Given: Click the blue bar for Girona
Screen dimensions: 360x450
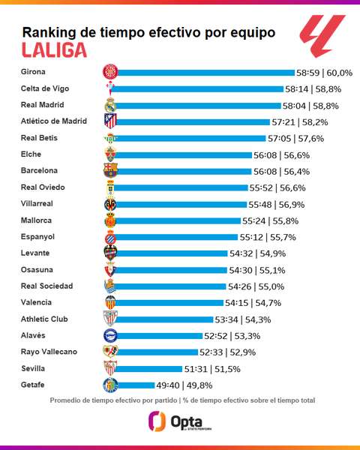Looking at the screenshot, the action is (205, 73).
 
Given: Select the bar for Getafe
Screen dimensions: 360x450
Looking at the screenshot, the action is (136, 385).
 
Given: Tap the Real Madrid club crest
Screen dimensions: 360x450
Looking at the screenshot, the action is (110, 105).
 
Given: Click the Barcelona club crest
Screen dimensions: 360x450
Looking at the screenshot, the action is (110, 171).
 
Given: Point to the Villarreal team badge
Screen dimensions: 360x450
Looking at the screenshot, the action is (110, 205).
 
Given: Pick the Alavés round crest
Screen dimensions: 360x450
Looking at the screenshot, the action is (110, 335).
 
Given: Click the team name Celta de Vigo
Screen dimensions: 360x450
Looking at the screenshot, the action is (45, 88).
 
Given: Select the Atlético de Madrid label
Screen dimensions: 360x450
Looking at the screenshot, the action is (54, 121).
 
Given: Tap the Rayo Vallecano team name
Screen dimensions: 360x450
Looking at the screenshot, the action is (49, 352).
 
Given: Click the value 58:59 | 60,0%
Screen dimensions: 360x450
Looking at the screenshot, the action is (325, 73).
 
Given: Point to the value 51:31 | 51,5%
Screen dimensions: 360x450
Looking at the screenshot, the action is (212, 369).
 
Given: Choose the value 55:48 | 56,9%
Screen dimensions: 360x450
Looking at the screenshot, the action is (277, 205).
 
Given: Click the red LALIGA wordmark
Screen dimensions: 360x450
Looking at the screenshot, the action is (54, 50).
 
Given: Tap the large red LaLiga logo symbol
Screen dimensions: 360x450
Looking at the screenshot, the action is (322, 35).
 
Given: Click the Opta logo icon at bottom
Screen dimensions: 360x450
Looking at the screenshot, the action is (157, 421).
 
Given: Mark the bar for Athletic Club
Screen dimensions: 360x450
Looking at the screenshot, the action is (164, 319).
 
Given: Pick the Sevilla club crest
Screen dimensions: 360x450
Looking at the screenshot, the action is (110, 368).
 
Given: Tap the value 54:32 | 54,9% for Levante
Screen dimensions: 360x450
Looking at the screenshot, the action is (257, 253).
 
